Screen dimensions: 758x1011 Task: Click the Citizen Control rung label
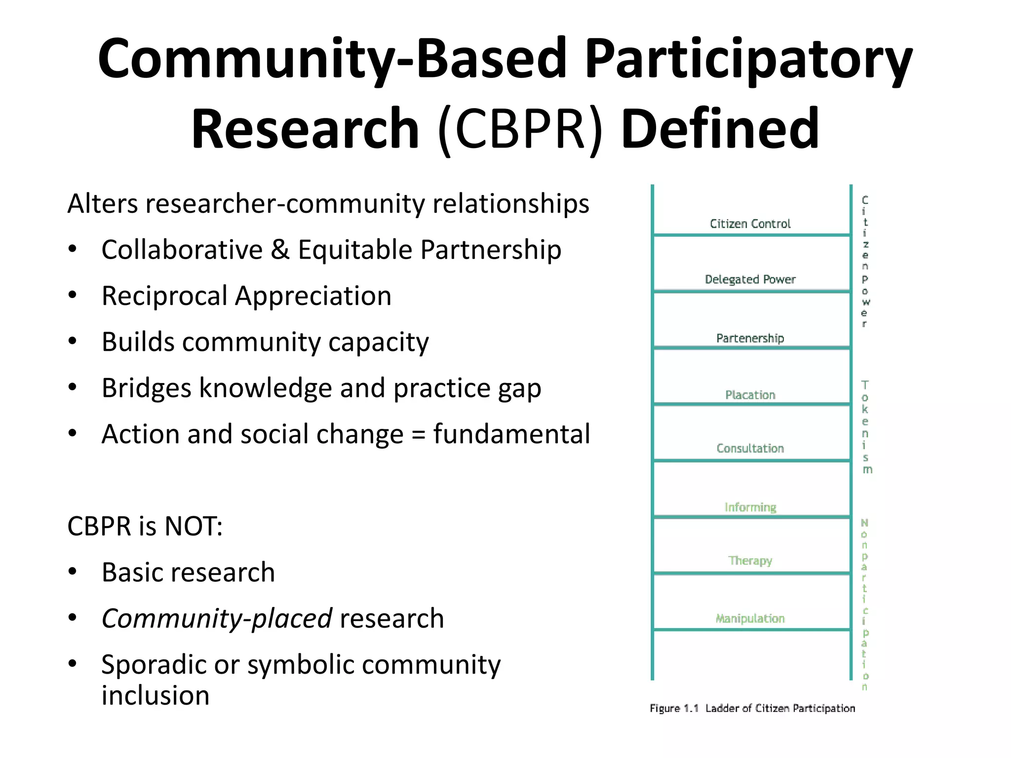point(750,224)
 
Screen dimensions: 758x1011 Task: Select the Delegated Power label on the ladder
point(750,279)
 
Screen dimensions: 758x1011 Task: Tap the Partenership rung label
point(750,338)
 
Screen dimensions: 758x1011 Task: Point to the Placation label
point(750,395)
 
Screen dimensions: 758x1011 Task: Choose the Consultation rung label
point(750,448)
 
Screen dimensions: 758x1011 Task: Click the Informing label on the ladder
point(750,507)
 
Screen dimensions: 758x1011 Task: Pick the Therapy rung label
point(750,561)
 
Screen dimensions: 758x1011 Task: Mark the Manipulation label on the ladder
point(750,618)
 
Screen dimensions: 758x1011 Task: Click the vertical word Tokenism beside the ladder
point(865,427)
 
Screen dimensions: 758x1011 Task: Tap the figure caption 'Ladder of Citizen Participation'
point(780,708)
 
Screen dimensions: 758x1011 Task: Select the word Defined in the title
point(720,129)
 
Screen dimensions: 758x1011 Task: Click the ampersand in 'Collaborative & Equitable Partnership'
point(280,249)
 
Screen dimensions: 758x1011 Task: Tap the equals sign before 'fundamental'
point(418,434)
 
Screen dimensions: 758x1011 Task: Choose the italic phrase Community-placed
point(217,618)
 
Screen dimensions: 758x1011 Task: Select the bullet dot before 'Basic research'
point(73,572)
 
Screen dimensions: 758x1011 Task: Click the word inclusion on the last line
point(156,695)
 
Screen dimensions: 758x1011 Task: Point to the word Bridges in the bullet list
point(146,388)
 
